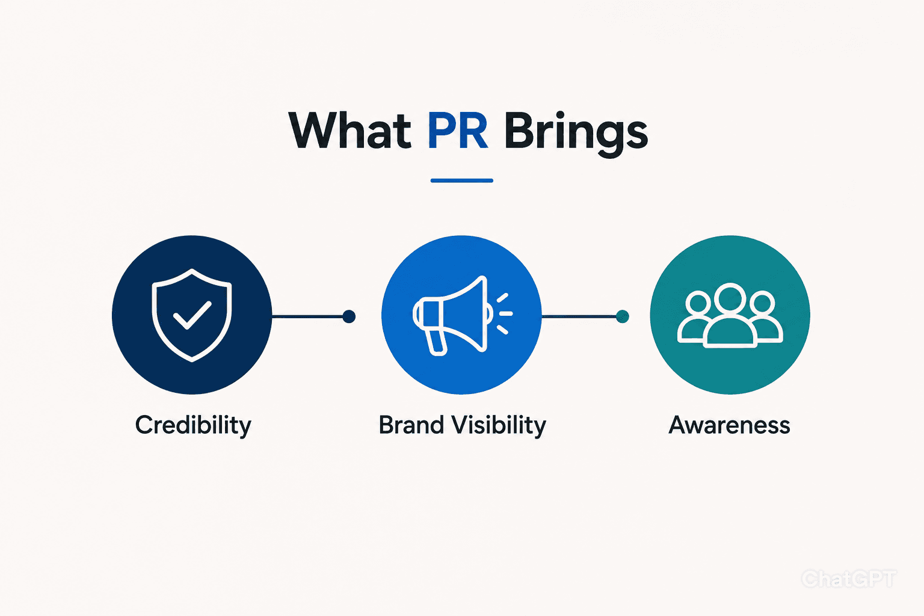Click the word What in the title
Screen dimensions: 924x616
point(350,131)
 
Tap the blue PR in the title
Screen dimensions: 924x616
point(458,131)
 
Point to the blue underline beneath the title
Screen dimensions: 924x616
point(461,180)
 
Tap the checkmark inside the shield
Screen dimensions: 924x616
point(192,315)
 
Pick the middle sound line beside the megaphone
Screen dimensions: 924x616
point(506,313)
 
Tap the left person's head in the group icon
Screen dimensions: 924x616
point(698,302)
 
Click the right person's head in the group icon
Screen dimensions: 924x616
point(762,302)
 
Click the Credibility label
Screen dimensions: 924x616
point(193,425)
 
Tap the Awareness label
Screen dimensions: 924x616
point(729,425)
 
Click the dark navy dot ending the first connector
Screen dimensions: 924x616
point(349,316)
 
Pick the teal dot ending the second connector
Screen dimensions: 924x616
point(623,316)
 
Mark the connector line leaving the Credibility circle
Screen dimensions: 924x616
point(307,316)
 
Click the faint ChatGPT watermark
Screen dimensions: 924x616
point(849,579)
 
